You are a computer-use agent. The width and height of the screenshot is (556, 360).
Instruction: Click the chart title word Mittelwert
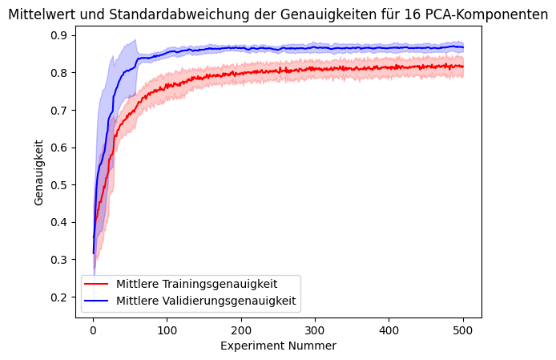[40, 14]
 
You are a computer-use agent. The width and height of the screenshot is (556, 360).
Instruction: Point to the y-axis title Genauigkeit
[39, 172]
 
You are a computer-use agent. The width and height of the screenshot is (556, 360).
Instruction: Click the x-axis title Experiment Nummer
[279, 346]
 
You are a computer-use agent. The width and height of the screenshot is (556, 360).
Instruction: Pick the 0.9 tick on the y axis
[59, 35]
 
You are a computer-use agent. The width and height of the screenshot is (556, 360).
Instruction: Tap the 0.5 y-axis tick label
[59, 185]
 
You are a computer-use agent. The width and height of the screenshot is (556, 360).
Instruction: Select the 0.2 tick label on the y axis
[59, 297]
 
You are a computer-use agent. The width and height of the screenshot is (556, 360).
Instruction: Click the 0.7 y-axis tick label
[59, 110]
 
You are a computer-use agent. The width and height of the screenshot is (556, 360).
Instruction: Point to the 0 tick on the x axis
[93, 330]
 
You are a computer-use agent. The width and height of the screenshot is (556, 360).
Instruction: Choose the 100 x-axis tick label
[167, 330]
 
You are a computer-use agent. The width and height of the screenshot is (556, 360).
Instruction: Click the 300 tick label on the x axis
[315, 330]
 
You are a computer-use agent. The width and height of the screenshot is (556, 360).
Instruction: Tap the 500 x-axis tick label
[463, 330]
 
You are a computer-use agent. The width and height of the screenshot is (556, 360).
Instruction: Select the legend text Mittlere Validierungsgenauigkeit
[206, 301]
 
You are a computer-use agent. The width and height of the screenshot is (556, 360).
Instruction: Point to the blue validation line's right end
[463, 47]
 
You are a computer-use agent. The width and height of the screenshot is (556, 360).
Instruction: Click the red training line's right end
[463, 66]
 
